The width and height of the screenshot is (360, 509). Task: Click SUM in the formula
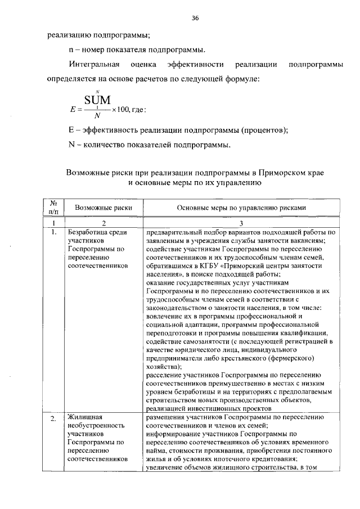pos(97,100)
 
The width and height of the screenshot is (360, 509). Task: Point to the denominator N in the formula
pos(97,115)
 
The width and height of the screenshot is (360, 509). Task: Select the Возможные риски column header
pos(103,208)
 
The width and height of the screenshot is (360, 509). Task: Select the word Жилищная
pos(84,417)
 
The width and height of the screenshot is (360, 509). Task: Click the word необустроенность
pos(96,426)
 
